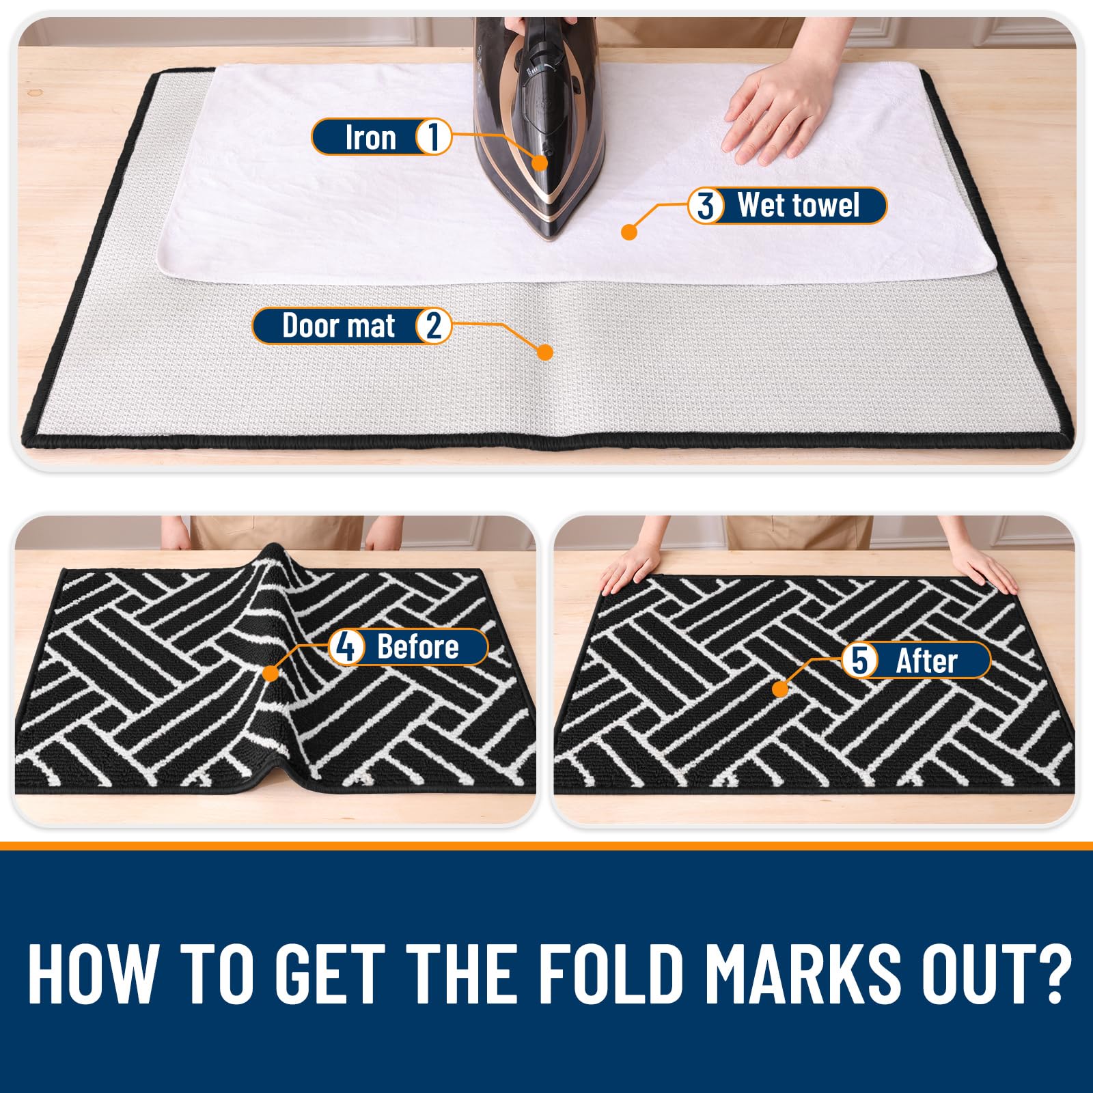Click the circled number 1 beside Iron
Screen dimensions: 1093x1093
coord(432,137)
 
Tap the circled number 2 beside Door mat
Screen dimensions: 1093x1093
coord(433,326)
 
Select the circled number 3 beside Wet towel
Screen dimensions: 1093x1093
coord(706,206)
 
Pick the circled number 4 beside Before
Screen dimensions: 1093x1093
coord(346,646)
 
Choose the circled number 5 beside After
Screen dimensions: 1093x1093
coord(859,660)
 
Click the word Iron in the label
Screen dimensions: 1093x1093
coord(370,137)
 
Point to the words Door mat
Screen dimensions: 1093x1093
coord(339,326)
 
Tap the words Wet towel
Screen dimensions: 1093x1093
coord(799,206)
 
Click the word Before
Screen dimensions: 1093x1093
coord(418,646)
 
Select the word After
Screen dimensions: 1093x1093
coord(926,661)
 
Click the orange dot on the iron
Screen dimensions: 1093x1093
coord(540,163)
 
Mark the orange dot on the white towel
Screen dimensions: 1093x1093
coord(629,232)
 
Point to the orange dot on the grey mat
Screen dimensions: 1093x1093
coord(545,352)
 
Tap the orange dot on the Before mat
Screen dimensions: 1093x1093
coord(271,674)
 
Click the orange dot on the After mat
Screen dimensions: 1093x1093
coord(780,689)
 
